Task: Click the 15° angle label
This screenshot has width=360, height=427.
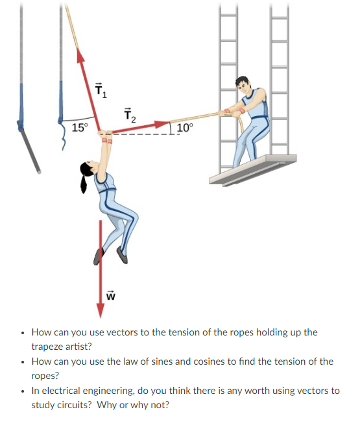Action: [x=80, y=127]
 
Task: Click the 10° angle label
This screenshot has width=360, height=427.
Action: [x=183, y=128]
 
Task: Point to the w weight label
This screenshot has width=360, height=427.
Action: [x=110, y=296]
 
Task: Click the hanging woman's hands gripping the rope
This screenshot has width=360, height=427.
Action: [x=105, y=136]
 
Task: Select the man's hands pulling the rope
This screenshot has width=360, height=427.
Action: [x=227, y=112]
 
